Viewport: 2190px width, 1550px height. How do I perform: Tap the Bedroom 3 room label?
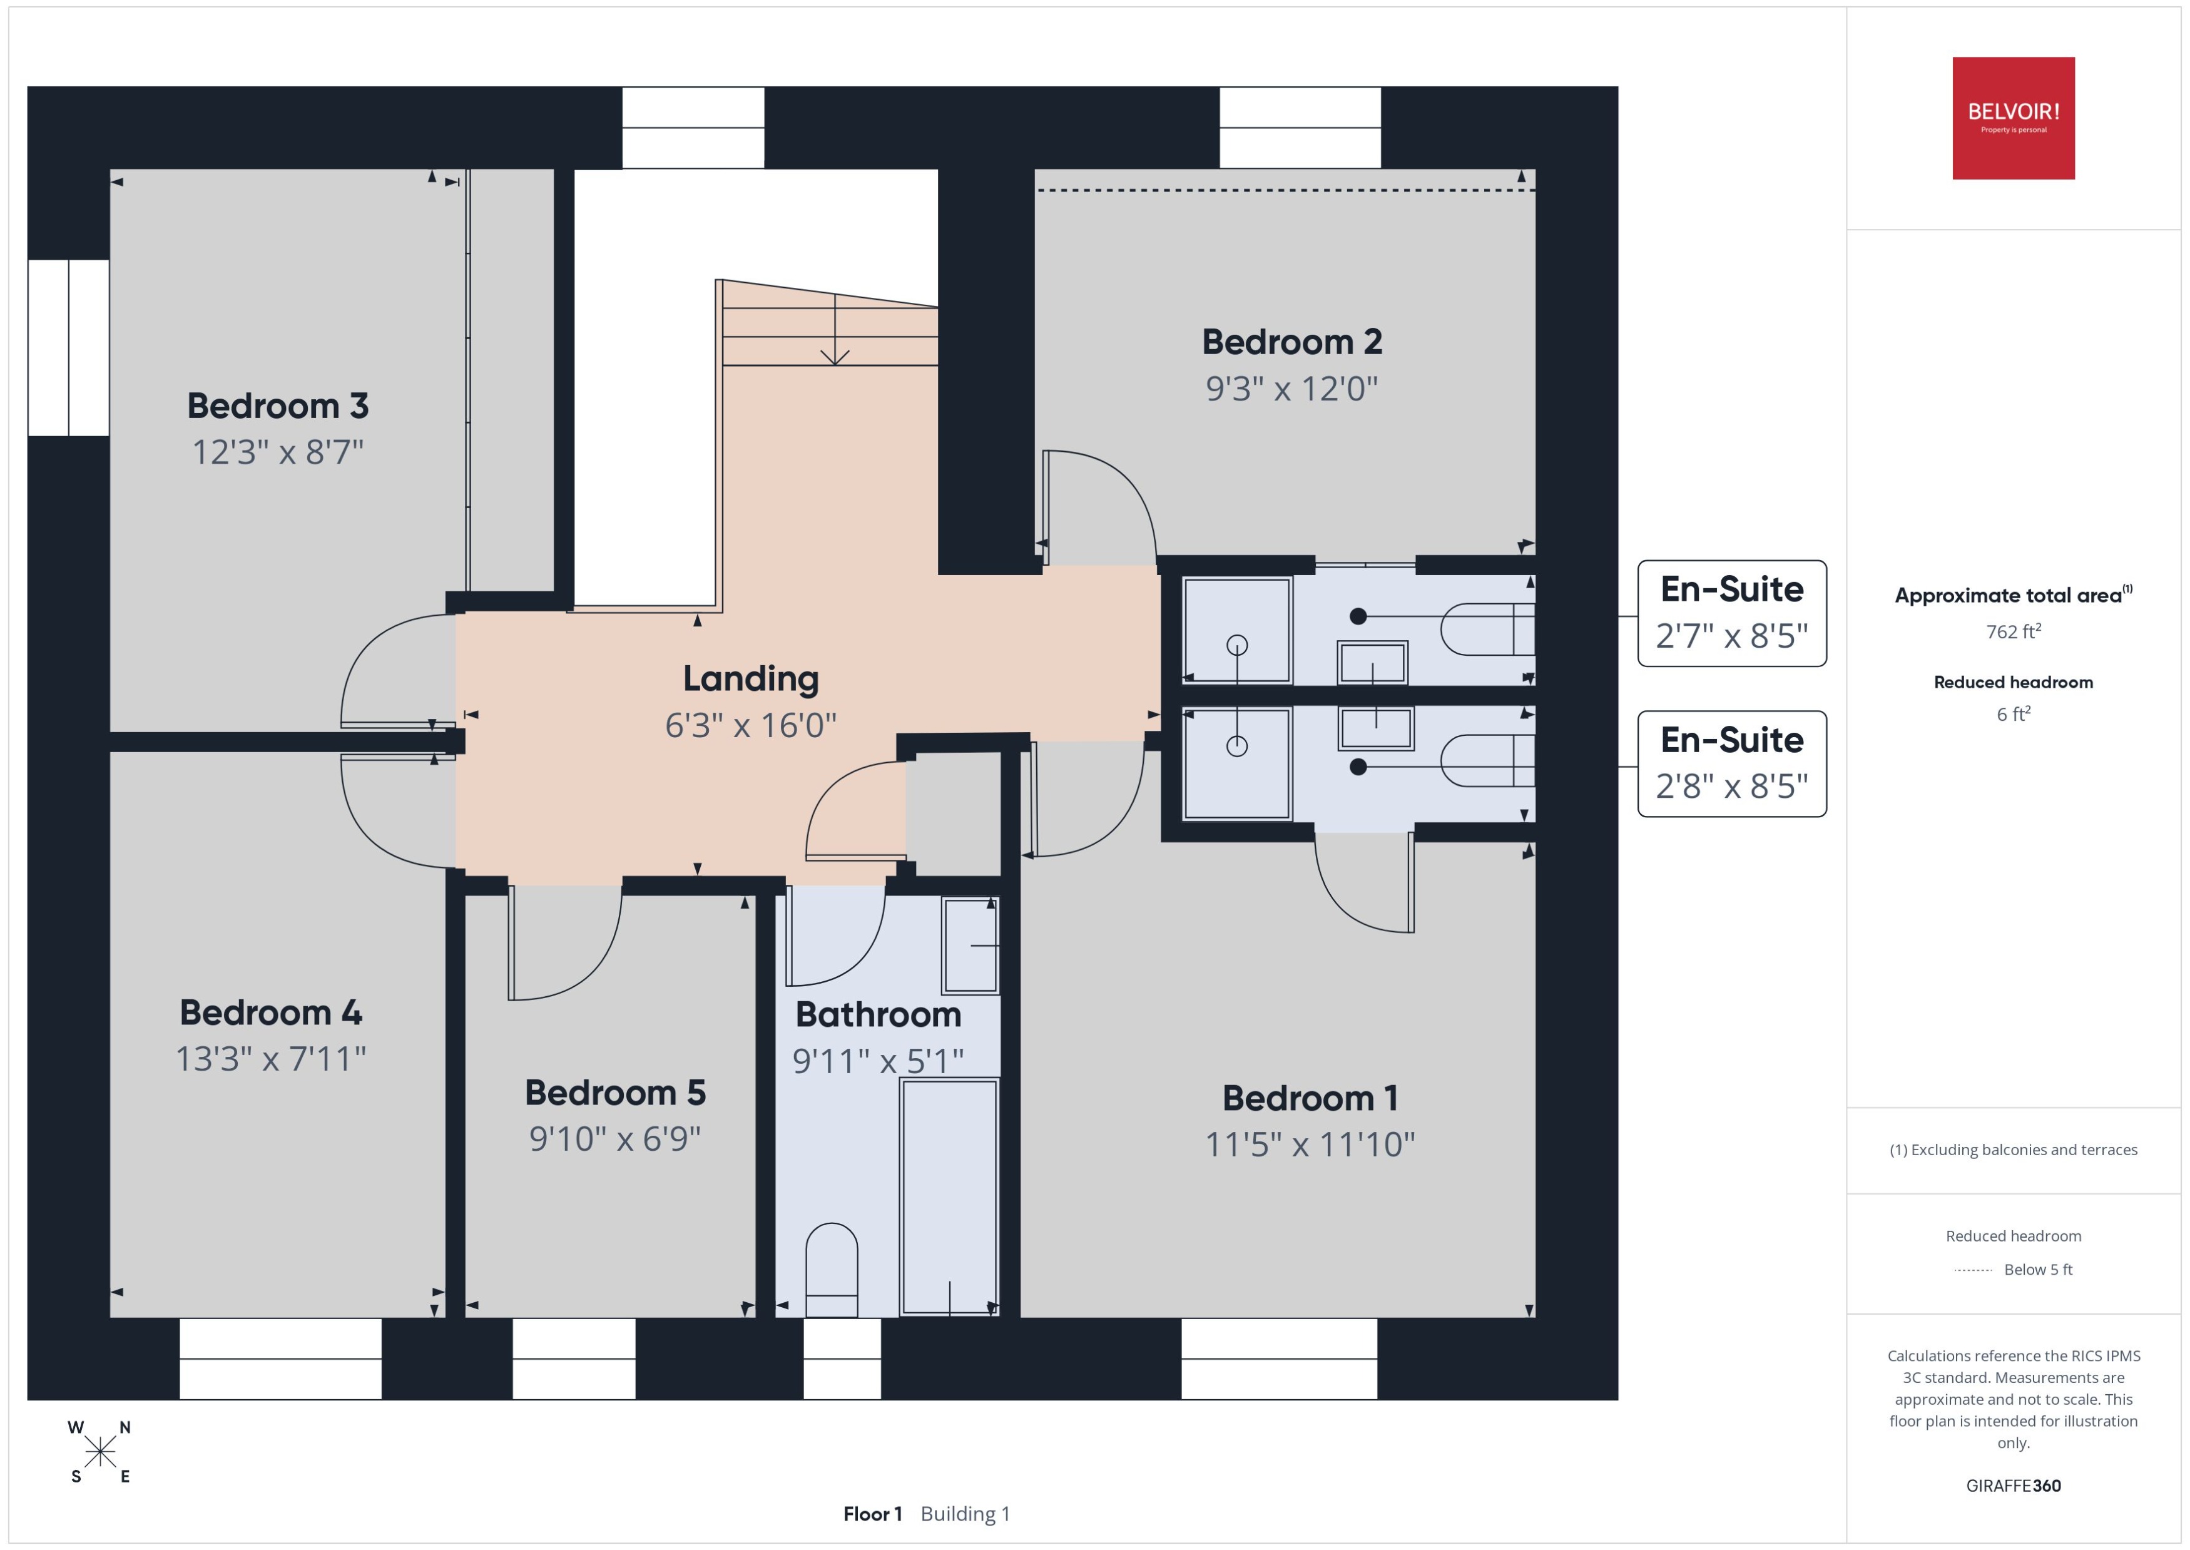point(278,405)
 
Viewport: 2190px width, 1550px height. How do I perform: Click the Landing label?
point(750,678)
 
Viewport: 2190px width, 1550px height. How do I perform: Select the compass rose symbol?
point(99,1452)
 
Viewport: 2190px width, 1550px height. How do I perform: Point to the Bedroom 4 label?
point(271,1012)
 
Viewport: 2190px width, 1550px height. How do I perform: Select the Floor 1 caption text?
point(871,1514)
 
